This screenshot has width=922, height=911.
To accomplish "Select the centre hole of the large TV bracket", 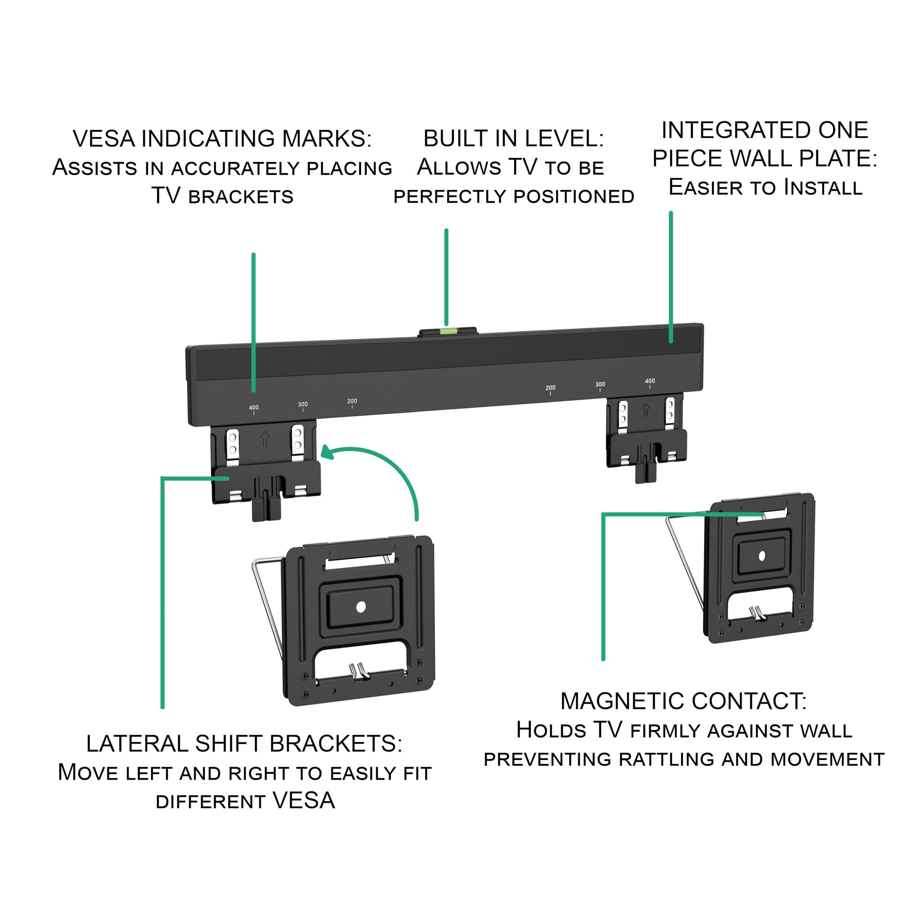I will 361,607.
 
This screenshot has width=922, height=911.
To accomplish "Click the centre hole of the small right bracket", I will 762,556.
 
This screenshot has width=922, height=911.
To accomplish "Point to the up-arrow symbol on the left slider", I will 265,439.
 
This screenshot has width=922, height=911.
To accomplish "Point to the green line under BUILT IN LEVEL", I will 446,277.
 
